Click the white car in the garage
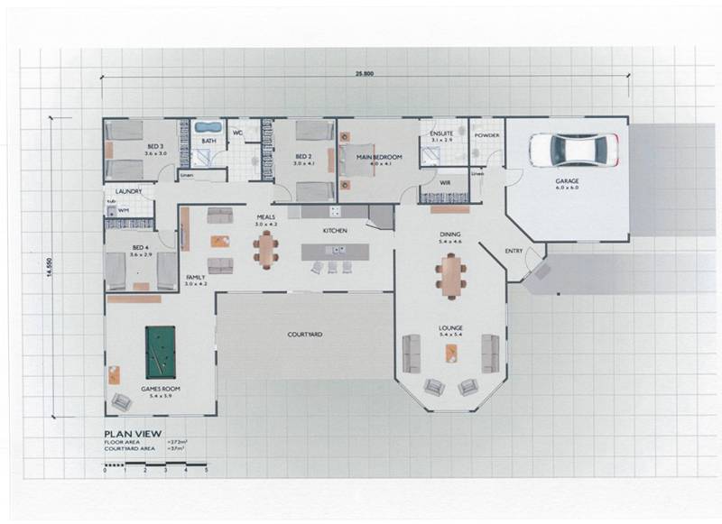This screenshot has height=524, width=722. click(x=572, y=149)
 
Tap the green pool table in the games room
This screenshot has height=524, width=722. click(x=161, y=352)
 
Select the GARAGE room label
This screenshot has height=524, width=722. click(x=567, y=181)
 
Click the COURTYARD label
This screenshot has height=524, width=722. click(x=305, y=335)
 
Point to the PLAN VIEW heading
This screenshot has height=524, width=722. click(x=132, y=433)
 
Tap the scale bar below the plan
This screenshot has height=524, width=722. click(x=155, y=463)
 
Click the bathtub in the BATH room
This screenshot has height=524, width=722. click(x=209, y=127)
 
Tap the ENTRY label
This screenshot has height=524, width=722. click(x=514, y=251)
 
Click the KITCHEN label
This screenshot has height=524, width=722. click(x=336, y=231)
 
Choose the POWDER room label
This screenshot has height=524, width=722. click(x=486, y=135)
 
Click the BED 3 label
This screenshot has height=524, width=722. click(x=156, y=146)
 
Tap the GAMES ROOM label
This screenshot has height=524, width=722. click(x=161, y=389)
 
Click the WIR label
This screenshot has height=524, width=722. click(x=445, y=182)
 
